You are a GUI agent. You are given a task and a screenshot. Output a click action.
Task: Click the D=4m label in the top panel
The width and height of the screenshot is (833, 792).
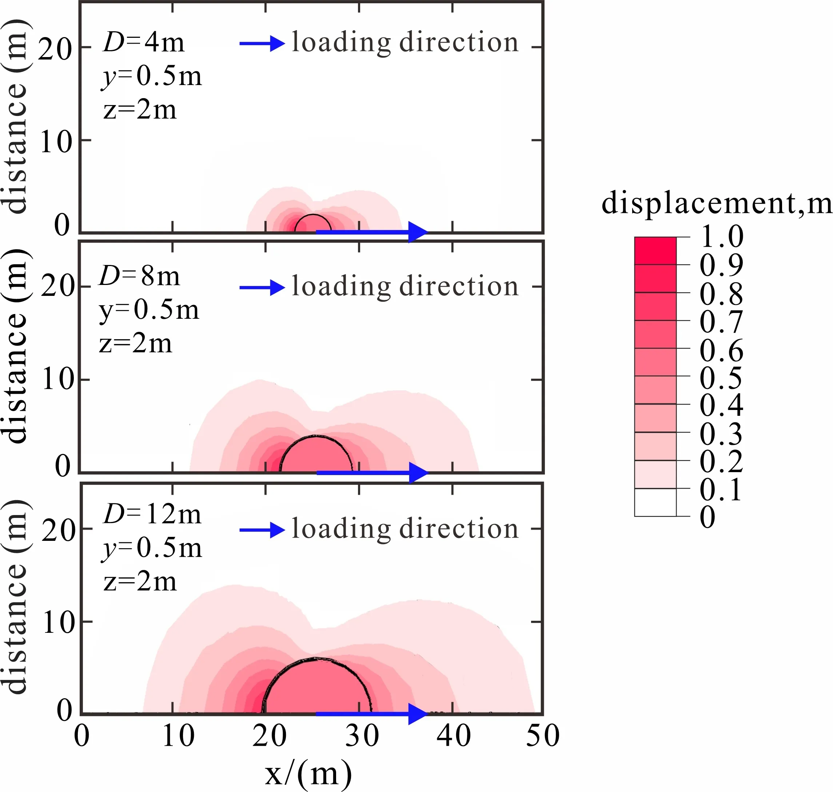pyautogui.click(x=144, y=43)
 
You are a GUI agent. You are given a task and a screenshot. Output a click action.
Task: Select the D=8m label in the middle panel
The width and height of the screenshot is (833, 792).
pyautogui.click(x=139, y=277)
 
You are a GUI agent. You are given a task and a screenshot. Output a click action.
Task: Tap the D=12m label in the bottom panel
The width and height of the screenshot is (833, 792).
pyautogui.click(x=152, y=515)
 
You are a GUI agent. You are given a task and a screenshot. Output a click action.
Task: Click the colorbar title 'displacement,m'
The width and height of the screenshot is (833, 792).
pyautogui.click(x=716, y=204)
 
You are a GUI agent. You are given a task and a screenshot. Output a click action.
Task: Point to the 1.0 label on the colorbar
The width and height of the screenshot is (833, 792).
pyautogui.click(x=721, y=237)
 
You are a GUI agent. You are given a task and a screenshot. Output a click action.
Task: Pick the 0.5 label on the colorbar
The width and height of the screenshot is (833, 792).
pyautogui.click(x=721, y=378)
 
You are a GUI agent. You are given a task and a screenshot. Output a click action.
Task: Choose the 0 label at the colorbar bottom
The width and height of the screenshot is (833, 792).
pyautogui.click(x=708, y=517)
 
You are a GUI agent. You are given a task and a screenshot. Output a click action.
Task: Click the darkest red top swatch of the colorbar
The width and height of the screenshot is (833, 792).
pyautogui.click(x=655, y=251)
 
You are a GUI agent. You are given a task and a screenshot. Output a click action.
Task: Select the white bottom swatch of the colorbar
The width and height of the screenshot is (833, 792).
pyautogui.click(x=655, y=502)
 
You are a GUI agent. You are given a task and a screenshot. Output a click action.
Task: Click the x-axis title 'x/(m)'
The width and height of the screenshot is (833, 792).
pyautogui.click(x=308, y=773)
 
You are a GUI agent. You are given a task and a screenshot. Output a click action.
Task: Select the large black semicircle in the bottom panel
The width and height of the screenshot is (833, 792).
pyautogui.click(x=317, y=659)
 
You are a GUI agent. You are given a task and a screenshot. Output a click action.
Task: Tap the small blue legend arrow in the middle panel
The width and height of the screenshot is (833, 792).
pyautogui.click(x=262, y=288)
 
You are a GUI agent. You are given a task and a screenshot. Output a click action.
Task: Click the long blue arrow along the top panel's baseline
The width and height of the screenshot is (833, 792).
pyautogui.click(x=372, y=232)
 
